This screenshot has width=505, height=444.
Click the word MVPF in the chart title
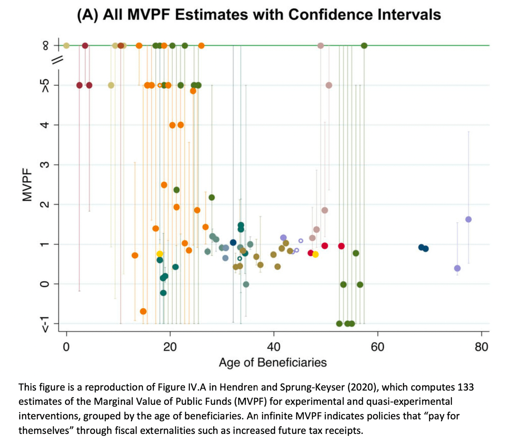click(150, 15)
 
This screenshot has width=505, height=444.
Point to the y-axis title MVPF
click(28, 191)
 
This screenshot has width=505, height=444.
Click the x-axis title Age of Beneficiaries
click(272, 362)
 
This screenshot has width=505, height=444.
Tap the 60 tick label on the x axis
click(377, 347)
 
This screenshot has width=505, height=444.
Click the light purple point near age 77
click(468, 219)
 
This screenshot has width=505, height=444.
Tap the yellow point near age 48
click(315, 254)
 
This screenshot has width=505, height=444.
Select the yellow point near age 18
click(159, 254)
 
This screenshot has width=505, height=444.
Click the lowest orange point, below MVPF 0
click(143, 311)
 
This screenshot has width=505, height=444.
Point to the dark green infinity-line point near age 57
click(364, 45)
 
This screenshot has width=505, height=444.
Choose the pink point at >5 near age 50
click(329, 85)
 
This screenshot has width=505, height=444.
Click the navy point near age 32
click(233, 242)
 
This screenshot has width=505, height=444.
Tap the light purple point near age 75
click(457, 268)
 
